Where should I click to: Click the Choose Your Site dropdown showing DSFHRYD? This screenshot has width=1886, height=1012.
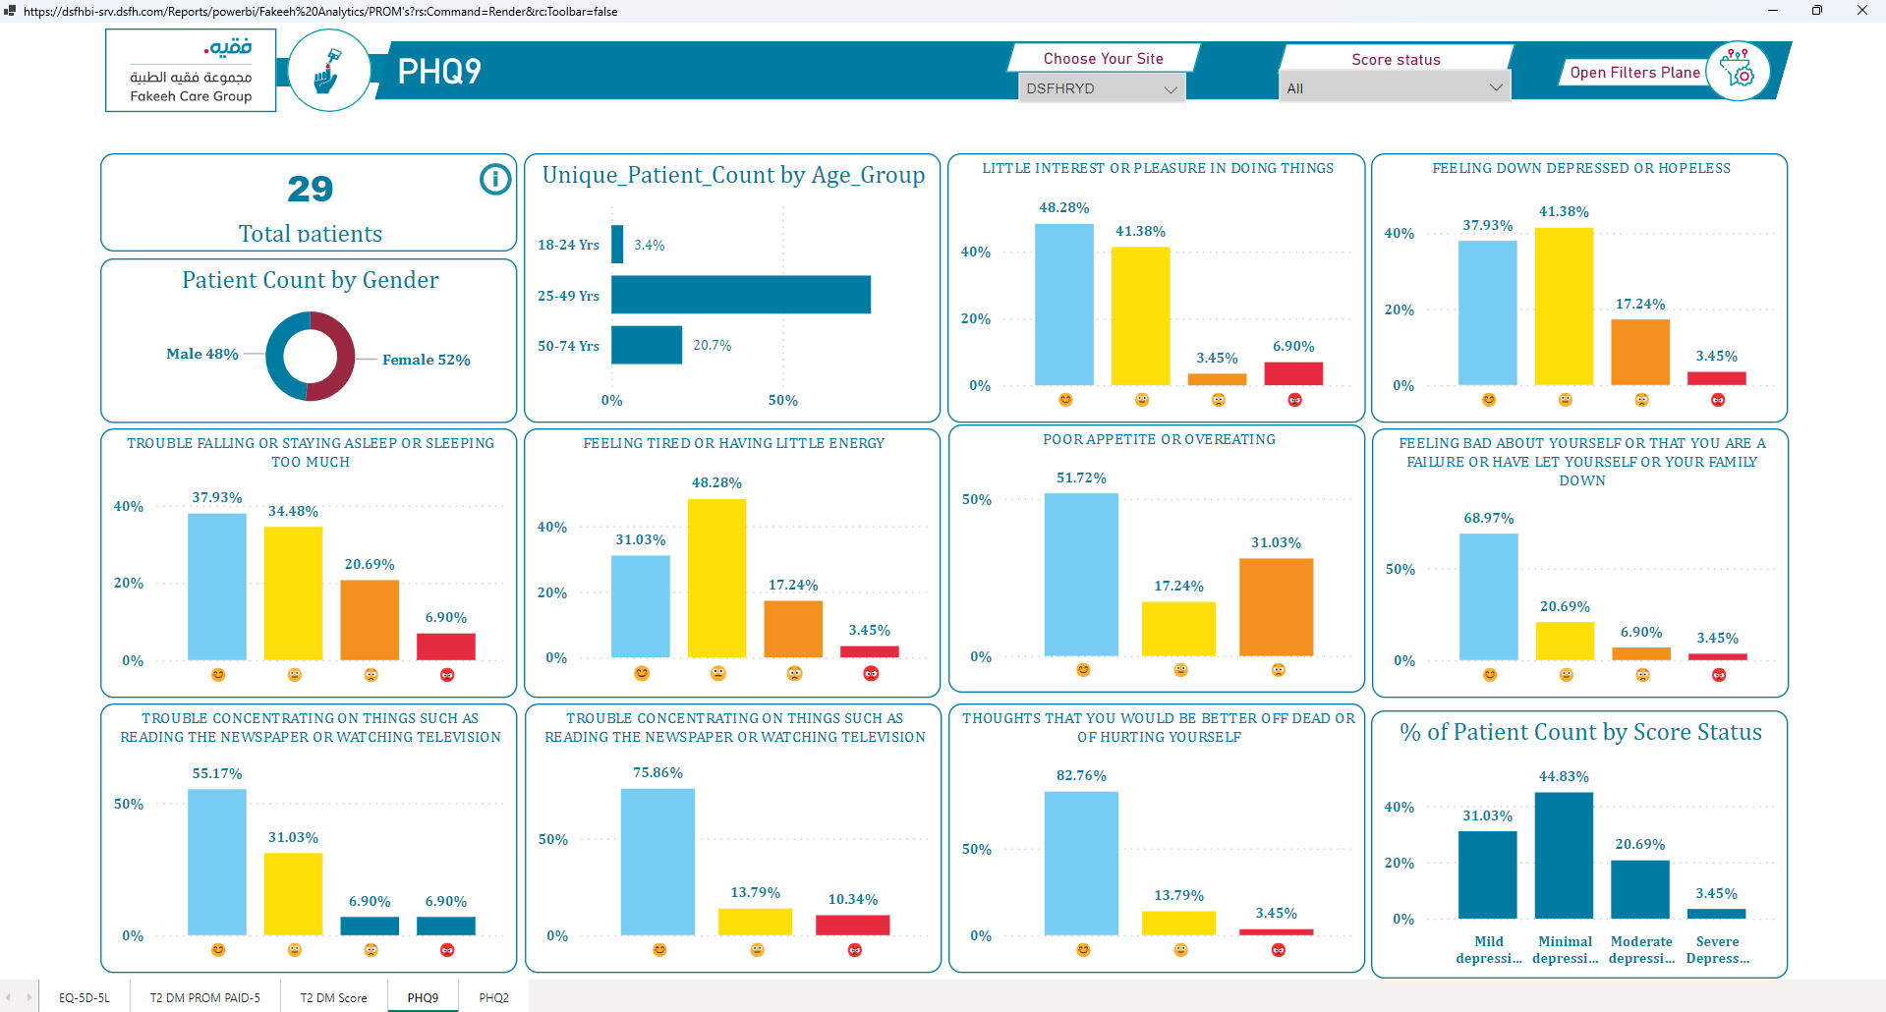coord(1102,88)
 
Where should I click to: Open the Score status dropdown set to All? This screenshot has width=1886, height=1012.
coord(1395,87)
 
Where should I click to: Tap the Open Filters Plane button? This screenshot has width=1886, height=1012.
coord(1634,73)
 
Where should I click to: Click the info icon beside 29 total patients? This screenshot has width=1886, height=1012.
coord(495,179)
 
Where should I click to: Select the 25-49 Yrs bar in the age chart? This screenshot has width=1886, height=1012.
coord(741,295)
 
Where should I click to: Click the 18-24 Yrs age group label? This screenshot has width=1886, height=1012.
coord(568,245)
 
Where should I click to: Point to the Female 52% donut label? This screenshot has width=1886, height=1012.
coord(427,360)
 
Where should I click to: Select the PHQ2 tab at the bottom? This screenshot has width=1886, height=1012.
coord(493,997)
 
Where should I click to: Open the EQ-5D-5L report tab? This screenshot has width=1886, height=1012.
coord(85,997)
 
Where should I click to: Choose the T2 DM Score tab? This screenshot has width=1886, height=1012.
coord(333,997)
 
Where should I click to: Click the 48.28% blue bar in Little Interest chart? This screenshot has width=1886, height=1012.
coord(1064,305)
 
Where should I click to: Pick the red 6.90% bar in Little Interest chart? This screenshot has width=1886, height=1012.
coord(1293,373)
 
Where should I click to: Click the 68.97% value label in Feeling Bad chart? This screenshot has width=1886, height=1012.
coord(1489,518)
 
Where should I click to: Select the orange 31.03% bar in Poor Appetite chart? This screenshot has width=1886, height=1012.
coord(1276,607)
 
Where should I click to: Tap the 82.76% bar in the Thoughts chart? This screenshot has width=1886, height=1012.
coord(1081,864)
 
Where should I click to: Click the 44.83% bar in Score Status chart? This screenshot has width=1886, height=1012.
coord(1564,856)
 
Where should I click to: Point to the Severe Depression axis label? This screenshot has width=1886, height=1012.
coord(1717,949)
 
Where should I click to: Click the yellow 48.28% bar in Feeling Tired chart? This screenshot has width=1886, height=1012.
coord(716,579)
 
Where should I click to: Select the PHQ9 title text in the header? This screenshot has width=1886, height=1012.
coord(439,72)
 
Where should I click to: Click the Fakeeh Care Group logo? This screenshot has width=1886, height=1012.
coord(191,71)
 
